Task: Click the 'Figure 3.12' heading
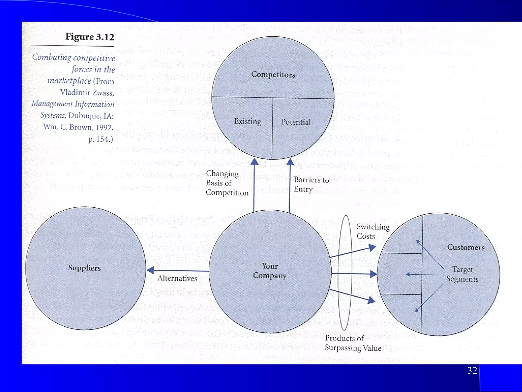click(x=89, y=37)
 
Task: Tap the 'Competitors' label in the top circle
click(x=273, y=75)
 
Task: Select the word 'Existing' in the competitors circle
click(x=247, y=121)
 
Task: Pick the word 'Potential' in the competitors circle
click(x=296, y=122)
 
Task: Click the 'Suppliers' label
click(x=84, y=268)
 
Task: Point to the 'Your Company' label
click(x=270, y=271)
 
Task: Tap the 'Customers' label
click(x=466, y=247)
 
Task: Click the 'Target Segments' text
click(x=462, y=274)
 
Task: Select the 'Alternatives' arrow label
click(x=177, y=278)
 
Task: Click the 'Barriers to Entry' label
click(x=311, y=184)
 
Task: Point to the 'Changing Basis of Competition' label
click(x=227, y=183)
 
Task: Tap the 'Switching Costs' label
click(x=373, y=231)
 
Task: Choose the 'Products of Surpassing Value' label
click(x=353, y=343)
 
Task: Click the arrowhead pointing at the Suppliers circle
click(x=150, y=270)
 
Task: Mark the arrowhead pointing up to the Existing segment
click(x=254, y=162)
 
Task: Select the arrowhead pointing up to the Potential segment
click(x=290, y=162)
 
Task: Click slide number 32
click(x=472, y=370)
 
